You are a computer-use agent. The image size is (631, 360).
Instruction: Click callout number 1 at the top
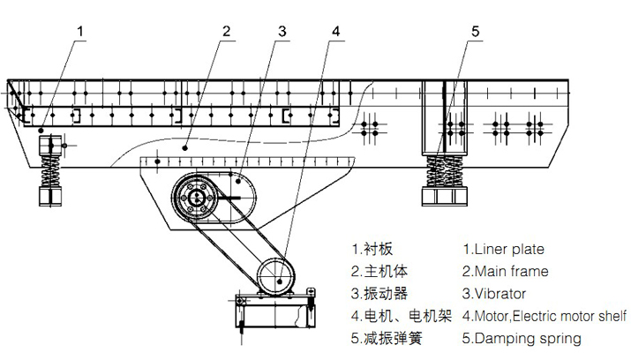pyautogui.click(x=80, y=31)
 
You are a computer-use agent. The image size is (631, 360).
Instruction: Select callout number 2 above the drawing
pyautogui.click(x=227, y=31)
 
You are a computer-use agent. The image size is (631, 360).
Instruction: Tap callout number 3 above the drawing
pyautogui.click(x=282, y=31)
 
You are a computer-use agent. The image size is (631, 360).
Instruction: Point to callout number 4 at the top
pyautogui.click(x=335, y=31)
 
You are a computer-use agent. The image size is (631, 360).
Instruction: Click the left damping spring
pyautogui.click(x=50, y=169)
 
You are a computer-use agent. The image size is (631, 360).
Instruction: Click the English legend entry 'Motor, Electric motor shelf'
pyautogui.click(x=545, y=315)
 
